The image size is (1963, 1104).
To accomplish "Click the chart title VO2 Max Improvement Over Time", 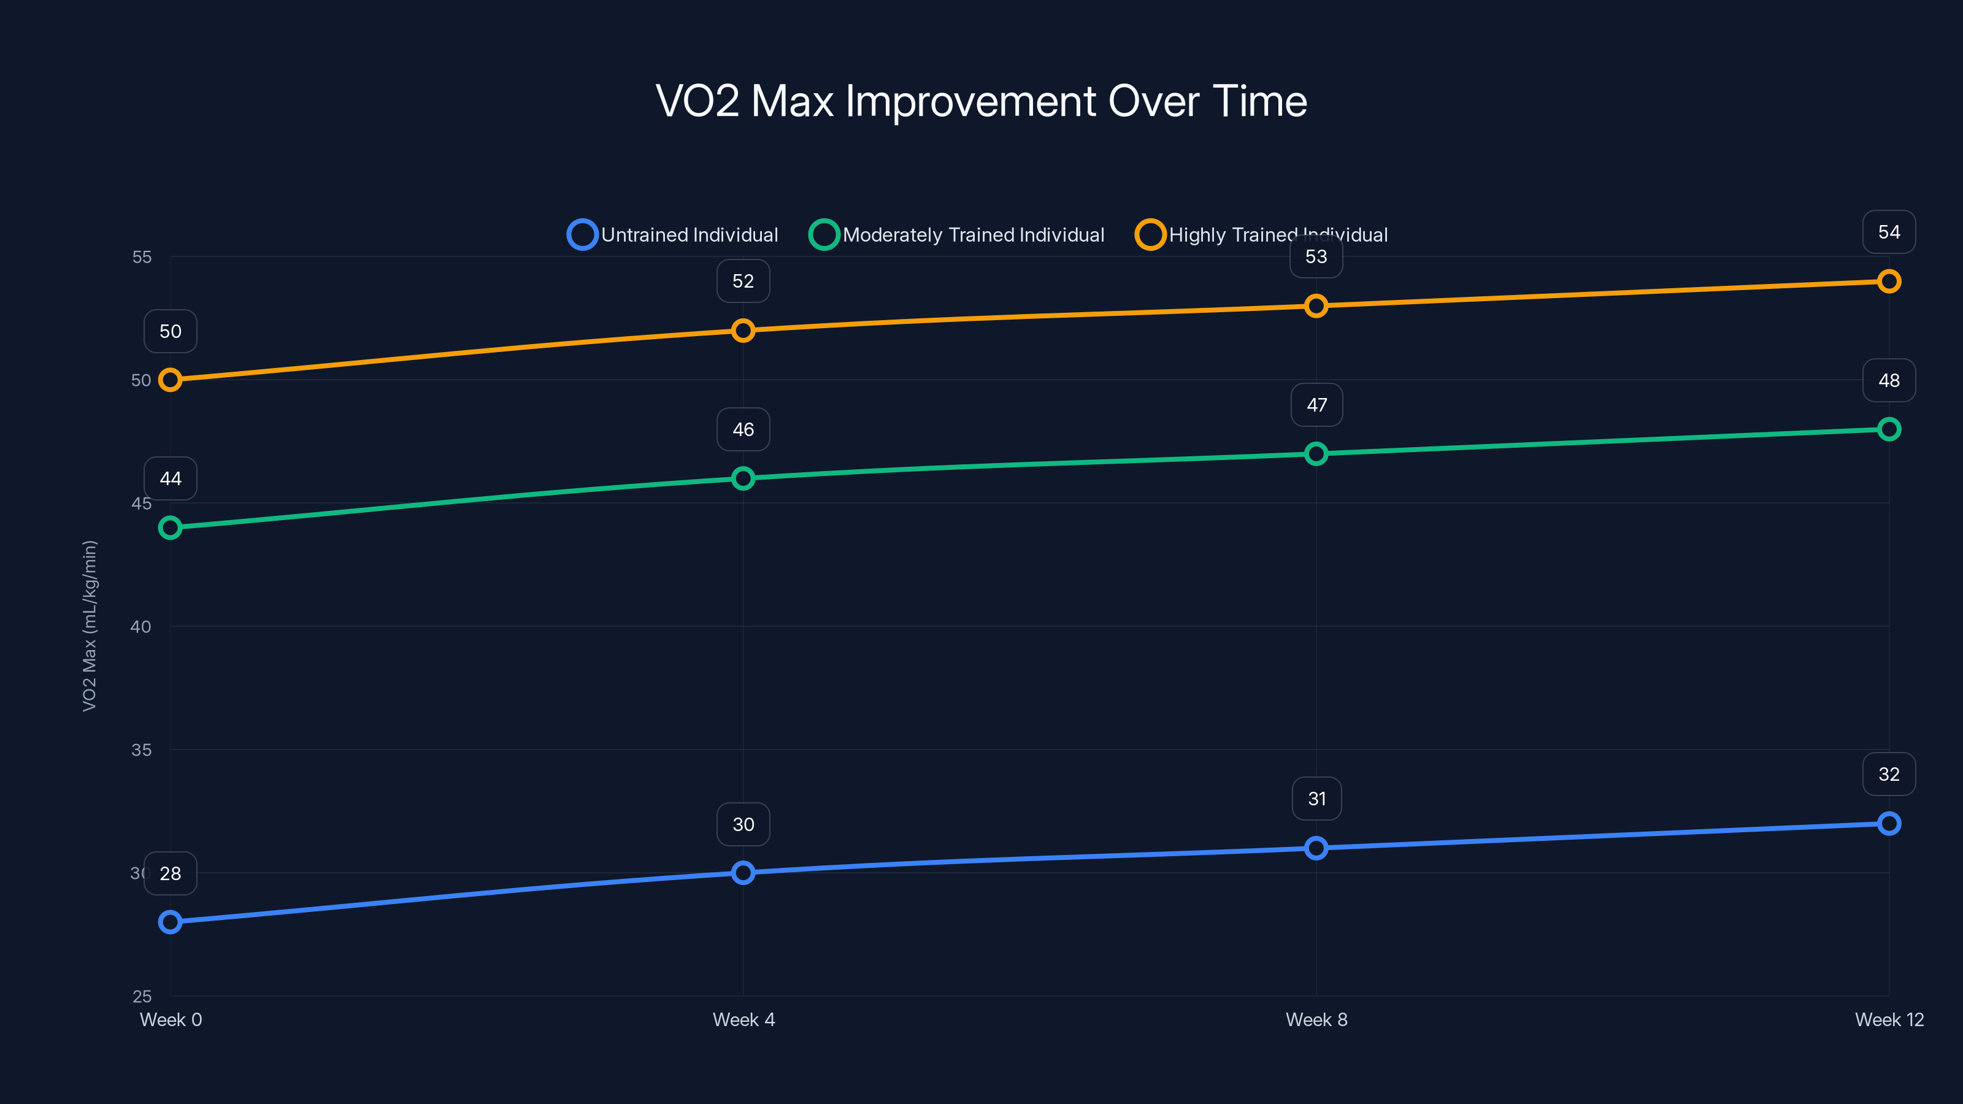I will (x=981, y=101).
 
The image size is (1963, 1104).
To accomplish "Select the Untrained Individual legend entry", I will (x=674, y=235).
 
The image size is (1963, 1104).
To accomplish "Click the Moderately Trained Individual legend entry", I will (x=957, y=235).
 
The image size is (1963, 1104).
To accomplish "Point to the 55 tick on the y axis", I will (x=142, y=257).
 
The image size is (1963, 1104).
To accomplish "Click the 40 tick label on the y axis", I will (x=141, y=626).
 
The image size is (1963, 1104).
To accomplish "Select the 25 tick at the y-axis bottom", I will (x=142, y=996).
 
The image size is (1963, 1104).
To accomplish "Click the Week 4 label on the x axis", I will (x=743, y=1019).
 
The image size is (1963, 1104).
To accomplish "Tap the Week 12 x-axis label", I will (x=1888, y=1019).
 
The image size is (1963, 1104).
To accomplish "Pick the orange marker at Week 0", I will (x=170, y=380).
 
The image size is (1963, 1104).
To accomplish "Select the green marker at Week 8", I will (x=1316, y=454).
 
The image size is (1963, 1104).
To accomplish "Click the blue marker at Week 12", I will (x=1888, y=824).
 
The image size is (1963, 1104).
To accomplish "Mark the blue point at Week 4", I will (x=743, y=872).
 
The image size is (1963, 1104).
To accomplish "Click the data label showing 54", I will (x=1888, y=232).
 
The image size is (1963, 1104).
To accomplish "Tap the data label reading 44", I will (x=170, y=478).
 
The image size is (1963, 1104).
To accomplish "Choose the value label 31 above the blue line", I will (x=1316, y=799).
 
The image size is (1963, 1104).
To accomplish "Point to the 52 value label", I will (x=743, y=281).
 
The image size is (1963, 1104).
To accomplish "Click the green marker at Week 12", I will (x=1888, y=429).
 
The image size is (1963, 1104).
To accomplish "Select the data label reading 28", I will (x=170, y=873).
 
